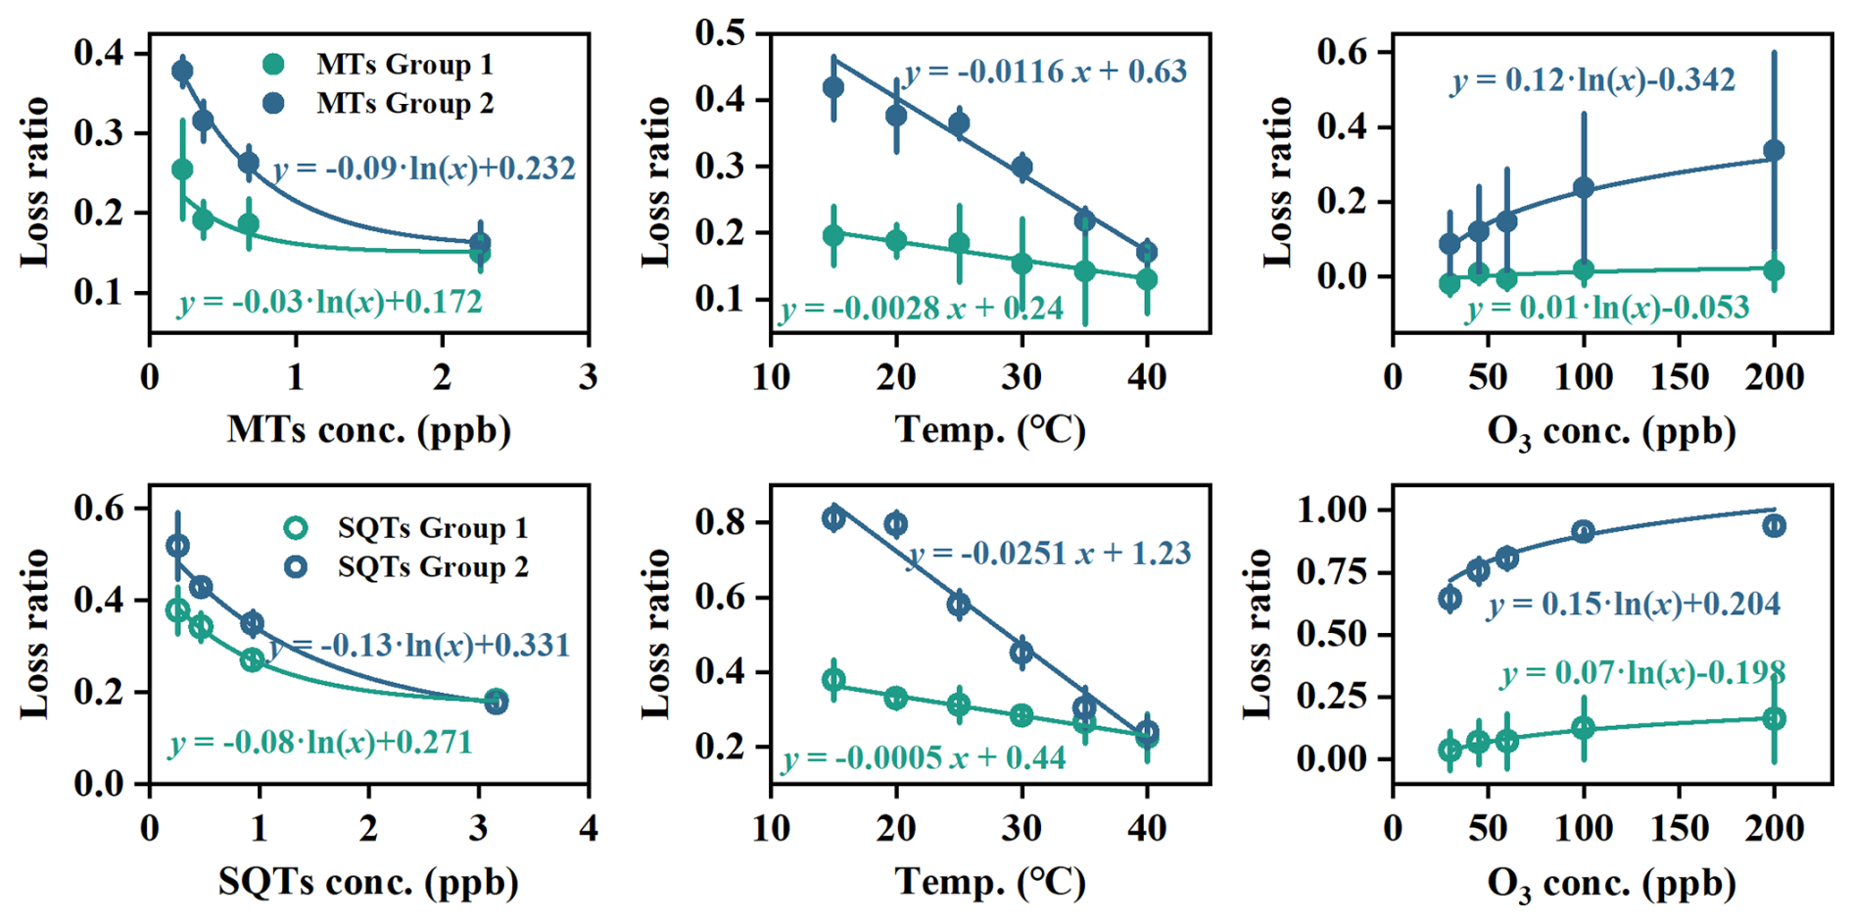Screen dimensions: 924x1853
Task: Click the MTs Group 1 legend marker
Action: pyautogui.click(x=274, y=65)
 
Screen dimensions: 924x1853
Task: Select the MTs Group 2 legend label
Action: pyautogui.click(x=404, y=103)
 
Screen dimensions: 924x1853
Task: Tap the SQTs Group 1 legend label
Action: pyautogui.click(x=432, y=528)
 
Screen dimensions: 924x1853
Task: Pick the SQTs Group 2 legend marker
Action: pyautogui.click(x=295, y=567)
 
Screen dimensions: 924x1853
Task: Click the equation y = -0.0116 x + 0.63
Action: pyautogui.click(x=1045, y=72)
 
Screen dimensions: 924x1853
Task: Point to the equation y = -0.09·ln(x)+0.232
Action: pyautogui.click(x=424, y=169)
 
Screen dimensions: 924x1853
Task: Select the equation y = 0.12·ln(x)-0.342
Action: pyautogui.click(x=1592, y=79)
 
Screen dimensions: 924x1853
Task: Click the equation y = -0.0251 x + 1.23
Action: pyautogui.click(x=1049, y=554)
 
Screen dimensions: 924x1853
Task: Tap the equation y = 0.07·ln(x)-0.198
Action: pyautogui.click(x=1642, y=673)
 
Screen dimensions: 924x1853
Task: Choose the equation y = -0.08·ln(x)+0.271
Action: pyautogui.click(x=320, y=743)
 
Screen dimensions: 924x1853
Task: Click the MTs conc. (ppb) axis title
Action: pyautogui.click(x=369, y=430)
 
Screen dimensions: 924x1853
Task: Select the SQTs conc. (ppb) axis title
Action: pyautogui.click(x=368, y=882)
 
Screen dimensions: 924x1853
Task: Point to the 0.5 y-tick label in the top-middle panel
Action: pyautogui.click(x=720, y=33)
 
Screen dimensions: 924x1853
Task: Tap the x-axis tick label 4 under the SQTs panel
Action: pyautogui.click(x=588, y=829)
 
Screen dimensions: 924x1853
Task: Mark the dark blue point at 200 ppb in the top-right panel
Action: pyautogui.click(x=1774, y=151)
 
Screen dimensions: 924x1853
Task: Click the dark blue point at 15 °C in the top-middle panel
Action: pyautogui.click(x=833, y=88)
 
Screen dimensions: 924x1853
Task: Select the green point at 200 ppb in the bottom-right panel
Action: pyautogui.click(x=1774, y=719)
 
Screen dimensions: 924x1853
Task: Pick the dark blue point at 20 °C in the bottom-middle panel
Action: pyautogui.click(x=895, y=524)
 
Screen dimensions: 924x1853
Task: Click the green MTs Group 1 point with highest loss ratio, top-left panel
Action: pyautogui.click(x=182, y=170)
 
